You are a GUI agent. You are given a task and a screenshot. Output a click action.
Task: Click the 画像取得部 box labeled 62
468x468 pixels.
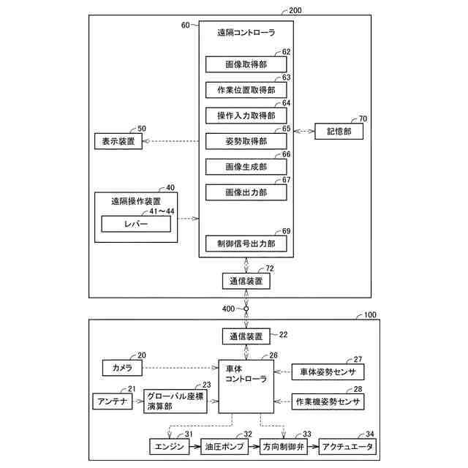coord(246,64)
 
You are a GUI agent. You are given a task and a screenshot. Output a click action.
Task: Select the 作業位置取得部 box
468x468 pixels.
coord(246,90)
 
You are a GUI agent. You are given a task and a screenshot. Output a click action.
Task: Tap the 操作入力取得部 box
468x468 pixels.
coord(246,116)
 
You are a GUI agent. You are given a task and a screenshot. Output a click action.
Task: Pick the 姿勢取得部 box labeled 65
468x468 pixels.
coord(246,141)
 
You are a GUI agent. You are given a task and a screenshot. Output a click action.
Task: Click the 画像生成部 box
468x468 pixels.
coord(246,167)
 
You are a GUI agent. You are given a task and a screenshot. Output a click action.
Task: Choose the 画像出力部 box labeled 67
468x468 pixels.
coord(246,192)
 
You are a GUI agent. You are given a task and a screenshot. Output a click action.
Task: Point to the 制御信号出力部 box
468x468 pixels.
coord(246,244)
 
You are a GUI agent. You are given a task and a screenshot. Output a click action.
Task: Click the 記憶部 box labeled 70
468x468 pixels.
coord(339,132)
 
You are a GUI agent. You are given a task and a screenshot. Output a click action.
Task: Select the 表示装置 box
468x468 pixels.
coord(118,141)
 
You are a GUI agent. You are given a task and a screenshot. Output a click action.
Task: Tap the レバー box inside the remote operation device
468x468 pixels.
coord(136,224)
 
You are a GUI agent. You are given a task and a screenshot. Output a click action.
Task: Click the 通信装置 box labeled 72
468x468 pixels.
coord(246,281)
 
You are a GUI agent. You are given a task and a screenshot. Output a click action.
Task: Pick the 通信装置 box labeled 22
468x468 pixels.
coord(246,336)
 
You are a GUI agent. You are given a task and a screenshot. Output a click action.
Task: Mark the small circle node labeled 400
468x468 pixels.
coord(246,309)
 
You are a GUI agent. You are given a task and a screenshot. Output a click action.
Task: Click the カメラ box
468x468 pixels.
coord(122,368)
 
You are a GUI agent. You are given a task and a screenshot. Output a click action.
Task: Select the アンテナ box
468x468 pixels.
coord(113,401)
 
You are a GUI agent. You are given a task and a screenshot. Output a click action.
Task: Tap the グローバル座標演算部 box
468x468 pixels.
coord(175,401)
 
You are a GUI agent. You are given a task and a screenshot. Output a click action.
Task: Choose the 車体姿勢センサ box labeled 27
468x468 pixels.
coord(328,372)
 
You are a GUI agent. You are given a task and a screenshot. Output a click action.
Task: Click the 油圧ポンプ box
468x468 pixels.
coord(224,447)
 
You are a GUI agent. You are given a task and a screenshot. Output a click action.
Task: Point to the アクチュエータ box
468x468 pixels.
coord(348,447)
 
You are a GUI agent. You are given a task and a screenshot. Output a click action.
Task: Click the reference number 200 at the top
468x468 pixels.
coord(295,10)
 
